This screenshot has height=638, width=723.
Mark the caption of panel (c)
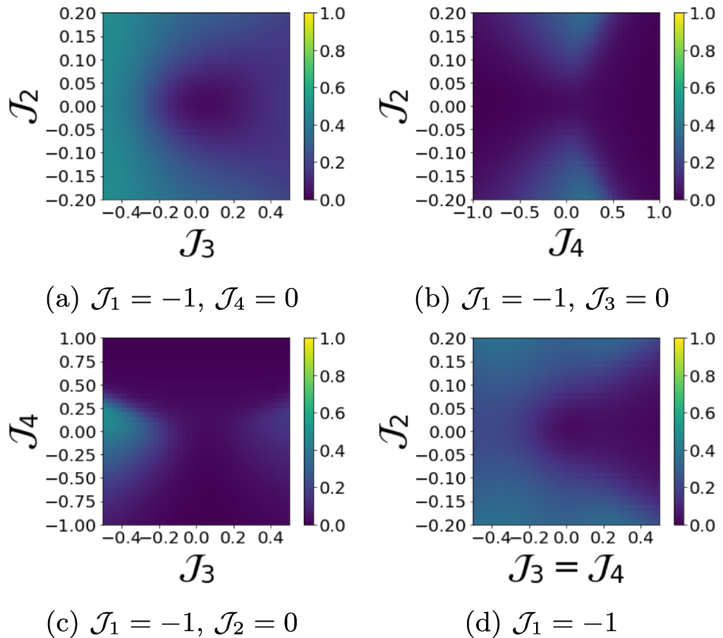pyautogui.click(x=171, y=623)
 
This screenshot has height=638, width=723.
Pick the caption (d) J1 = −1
pyautogui.click(x=542, y=623)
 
